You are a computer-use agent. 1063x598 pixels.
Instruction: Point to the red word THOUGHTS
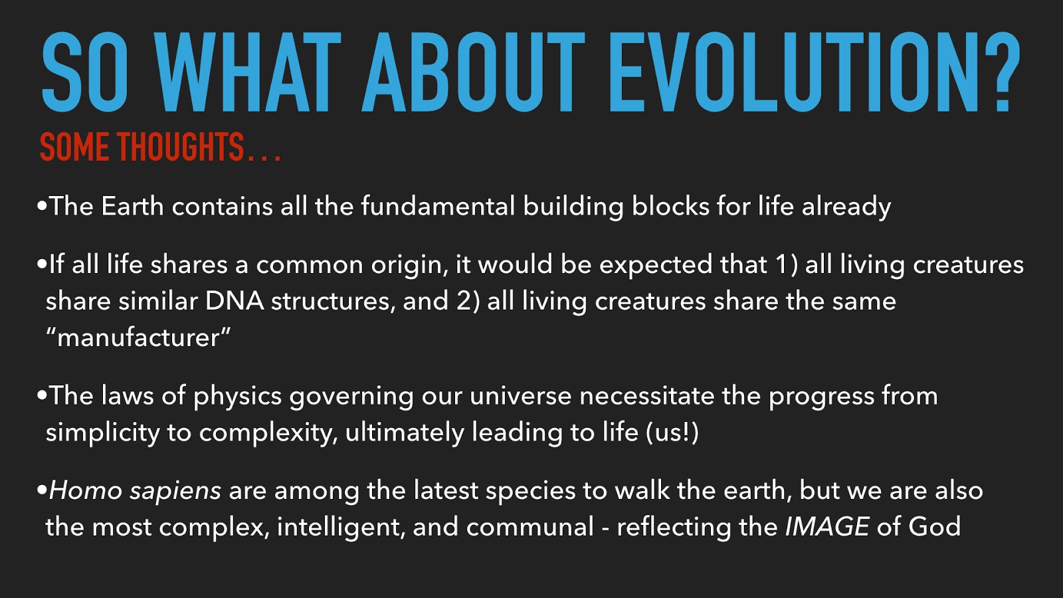point(180,147)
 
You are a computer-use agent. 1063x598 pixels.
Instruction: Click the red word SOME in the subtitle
point(76,147)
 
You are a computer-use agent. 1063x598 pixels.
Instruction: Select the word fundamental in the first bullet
point(438,206)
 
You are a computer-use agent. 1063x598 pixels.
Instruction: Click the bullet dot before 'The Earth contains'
point(42,206)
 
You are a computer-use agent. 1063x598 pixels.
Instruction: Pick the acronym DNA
point(235,301)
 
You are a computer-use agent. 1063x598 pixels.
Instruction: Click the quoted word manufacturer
point(138,338)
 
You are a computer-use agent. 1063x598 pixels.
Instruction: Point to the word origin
point(409,265)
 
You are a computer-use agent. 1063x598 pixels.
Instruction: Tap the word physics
point(237,396)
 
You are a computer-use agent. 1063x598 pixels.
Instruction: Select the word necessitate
point(647,396)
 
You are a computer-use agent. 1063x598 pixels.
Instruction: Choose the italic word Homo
point(86,491)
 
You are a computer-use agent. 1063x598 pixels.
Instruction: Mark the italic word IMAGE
point(826,528)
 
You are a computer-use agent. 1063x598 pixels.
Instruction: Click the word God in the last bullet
point(934,528)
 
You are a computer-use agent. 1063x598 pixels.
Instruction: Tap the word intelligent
point(341,528)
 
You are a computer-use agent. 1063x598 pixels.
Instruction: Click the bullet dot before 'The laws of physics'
point(42,396)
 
